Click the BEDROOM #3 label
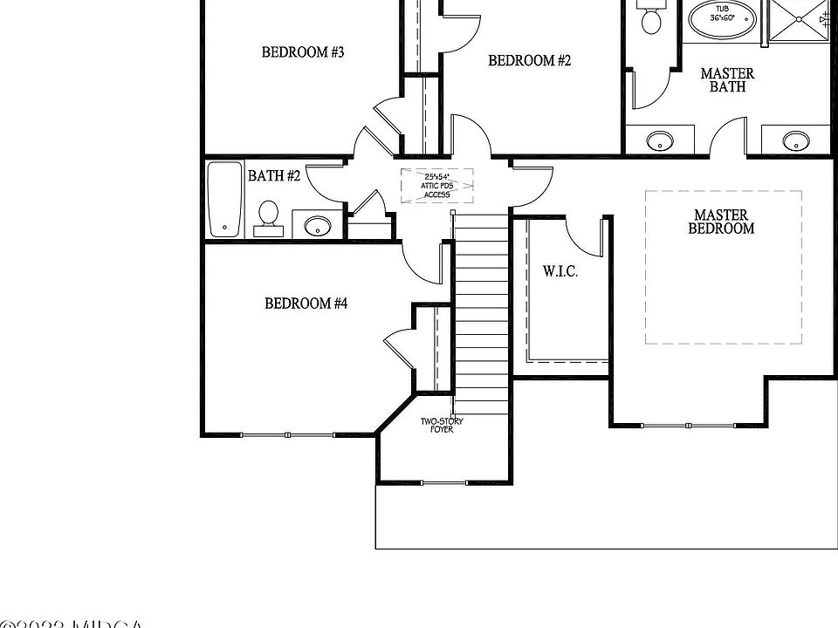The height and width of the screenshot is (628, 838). click(x=303, y=52)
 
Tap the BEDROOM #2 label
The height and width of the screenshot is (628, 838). click(x=529, y=61)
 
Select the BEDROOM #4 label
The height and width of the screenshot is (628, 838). click(x=306, y=304)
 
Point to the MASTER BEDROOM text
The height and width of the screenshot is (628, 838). click(x=722, y=222)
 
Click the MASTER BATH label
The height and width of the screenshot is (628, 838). click(x=727, y=80)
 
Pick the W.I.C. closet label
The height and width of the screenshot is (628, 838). click(x=560, y=271)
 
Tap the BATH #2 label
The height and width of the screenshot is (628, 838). click(x=274, y=176)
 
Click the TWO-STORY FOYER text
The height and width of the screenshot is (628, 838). click(x=442, y=426)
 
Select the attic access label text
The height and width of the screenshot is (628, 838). click(x=436, y=186)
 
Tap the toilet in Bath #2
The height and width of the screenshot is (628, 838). click(x=268, y=216)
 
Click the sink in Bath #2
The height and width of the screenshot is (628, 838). click(x=317, y=225)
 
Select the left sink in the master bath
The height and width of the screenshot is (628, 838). click(x=659, y=140)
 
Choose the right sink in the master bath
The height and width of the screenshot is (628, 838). click(x=795, y=140)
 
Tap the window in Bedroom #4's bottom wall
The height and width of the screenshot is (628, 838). click(x=288, y=434)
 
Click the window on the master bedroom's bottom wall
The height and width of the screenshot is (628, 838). click(x=690, y=425)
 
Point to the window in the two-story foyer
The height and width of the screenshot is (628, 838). click(x=443, y=481)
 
